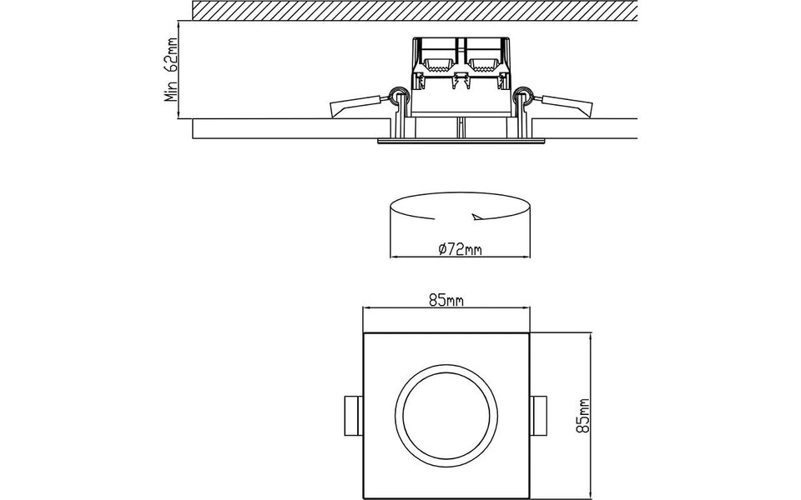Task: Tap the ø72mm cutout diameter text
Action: click(x=461, y=247)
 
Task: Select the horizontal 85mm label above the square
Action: click(x=446, y=301)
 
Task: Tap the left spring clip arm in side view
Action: click(x=357, y=106)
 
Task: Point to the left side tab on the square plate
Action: click(x=352, y=414)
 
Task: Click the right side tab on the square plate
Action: click(x=541, y=414)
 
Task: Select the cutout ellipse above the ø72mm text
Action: click(x=459, y=207)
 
